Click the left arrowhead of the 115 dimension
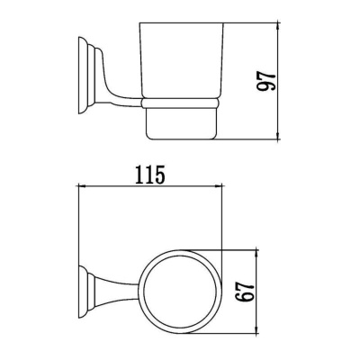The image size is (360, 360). tap(84, 187)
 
